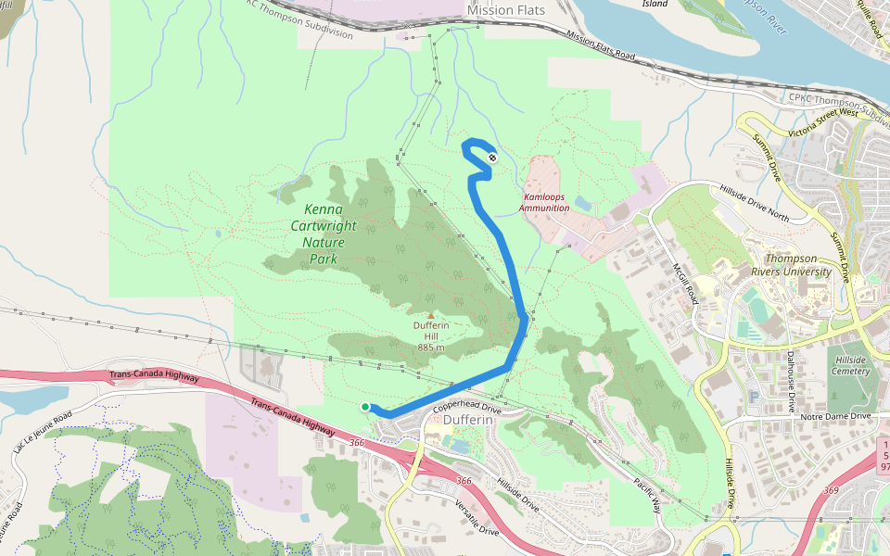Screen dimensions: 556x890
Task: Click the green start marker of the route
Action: tap(365, 407)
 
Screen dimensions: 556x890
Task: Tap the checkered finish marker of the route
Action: tap(491, 158)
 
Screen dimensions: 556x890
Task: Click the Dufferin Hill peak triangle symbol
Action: tap(430, 315)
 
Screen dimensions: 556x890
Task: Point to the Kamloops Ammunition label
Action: tap(544, 202)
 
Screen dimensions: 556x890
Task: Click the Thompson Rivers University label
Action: tap(798, 265)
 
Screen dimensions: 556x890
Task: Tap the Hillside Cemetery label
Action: tap(851, 365)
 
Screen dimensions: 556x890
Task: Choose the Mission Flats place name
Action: tap(505, 10)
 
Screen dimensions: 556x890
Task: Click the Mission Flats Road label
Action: tap(601, 48)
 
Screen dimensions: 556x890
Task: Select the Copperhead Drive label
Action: tap(466, 406)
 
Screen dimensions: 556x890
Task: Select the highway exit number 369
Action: tap(830, 490)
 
